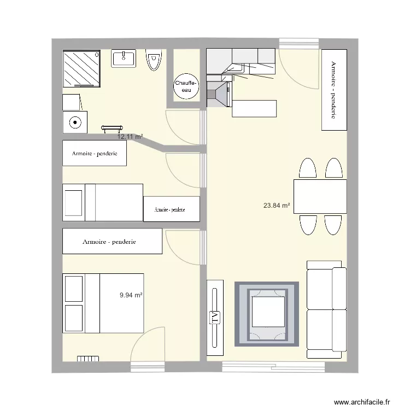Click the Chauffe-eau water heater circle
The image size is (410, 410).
(186, 87)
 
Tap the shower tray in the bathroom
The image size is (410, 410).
(82, 68)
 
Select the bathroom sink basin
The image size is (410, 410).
(124, 58)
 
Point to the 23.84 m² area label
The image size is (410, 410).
(277, 206)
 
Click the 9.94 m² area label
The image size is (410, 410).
(131, 295)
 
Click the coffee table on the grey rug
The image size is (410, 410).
(267, 314)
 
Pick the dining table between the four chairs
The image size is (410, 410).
(320, 197)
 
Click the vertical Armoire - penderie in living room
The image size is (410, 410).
(333, 90)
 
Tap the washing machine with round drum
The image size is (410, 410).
(74, 122)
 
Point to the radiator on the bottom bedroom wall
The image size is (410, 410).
(87, 359)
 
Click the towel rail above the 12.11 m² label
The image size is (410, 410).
(112, 128)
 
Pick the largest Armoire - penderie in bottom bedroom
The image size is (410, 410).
(112, 241)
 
